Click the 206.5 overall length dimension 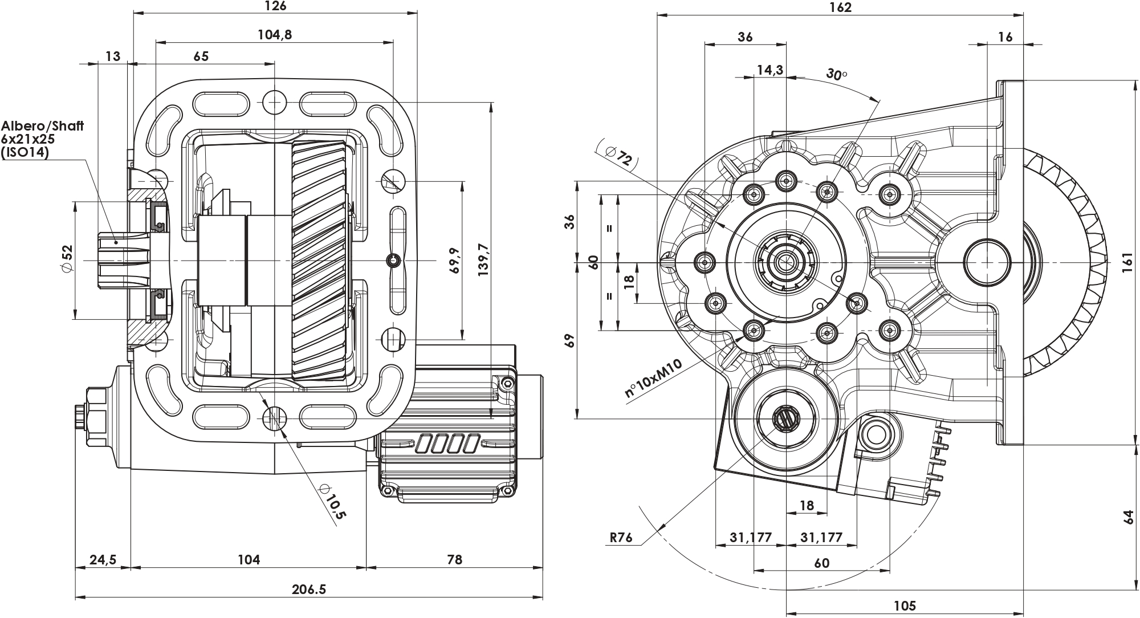[309, 589]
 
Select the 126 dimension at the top [275, 6]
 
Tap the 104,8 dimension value [275, 35]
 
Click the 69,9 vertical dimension [454, 261]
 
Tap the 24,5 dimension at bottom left [103, 559]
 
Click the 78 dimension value [454, 559]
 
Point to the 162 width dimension [840, 7]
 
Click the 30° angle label [836, 75]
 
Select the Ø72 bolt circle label [619, 156]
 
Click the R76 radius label [621, 537]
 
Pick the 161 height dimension [1127, 263]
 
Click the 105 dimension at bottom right [905, 605]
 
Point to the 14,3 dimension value [769, 70]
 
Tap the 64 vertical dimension [1127, 517]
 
